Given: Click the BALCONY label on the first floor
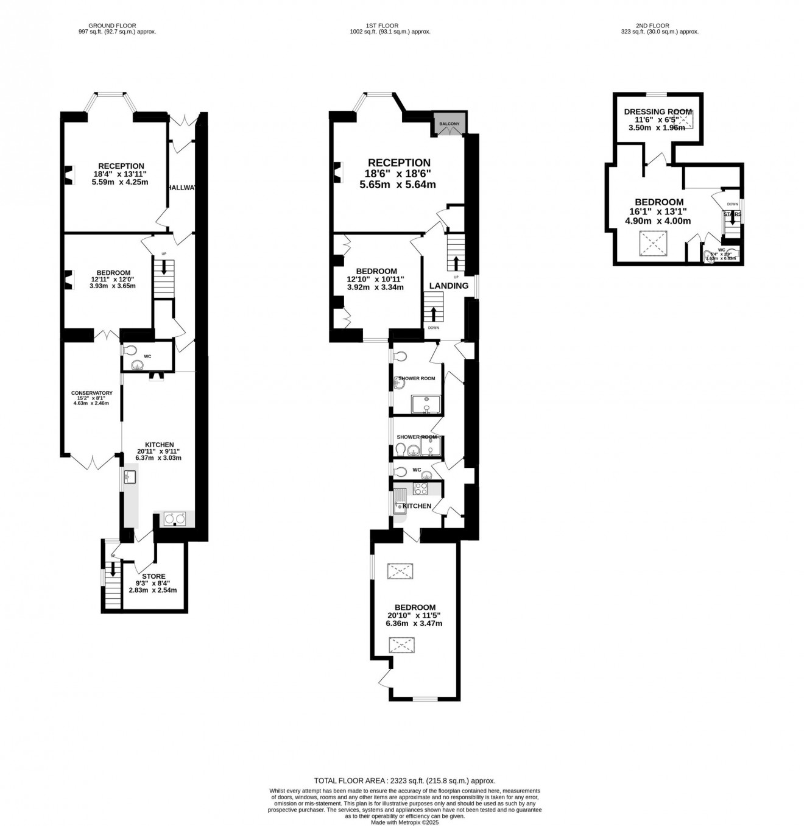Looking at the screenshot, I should point(450,124).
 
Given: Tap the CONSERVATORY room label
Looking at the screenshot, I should point(91,393).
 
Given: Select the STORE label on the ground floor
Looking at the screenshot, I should point(153,576).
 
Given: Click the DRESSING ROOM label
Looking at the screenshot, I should point(658,112).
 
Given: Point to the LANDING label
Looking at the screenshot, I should point(449,286).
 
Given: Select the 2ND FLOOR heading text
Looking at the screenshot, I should point(652,26).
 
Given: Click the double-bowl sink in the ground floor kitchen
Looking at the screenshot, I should point(174,519).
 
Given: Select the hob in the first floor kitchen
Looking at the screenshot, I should point(420,489).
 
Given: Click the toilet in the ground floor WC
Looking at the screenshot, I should point(129,351).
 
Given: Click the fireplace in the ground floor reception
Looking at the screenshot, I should point(68,175).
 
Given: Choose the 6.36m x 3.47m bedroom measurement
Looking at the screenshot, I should point(414,624).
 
